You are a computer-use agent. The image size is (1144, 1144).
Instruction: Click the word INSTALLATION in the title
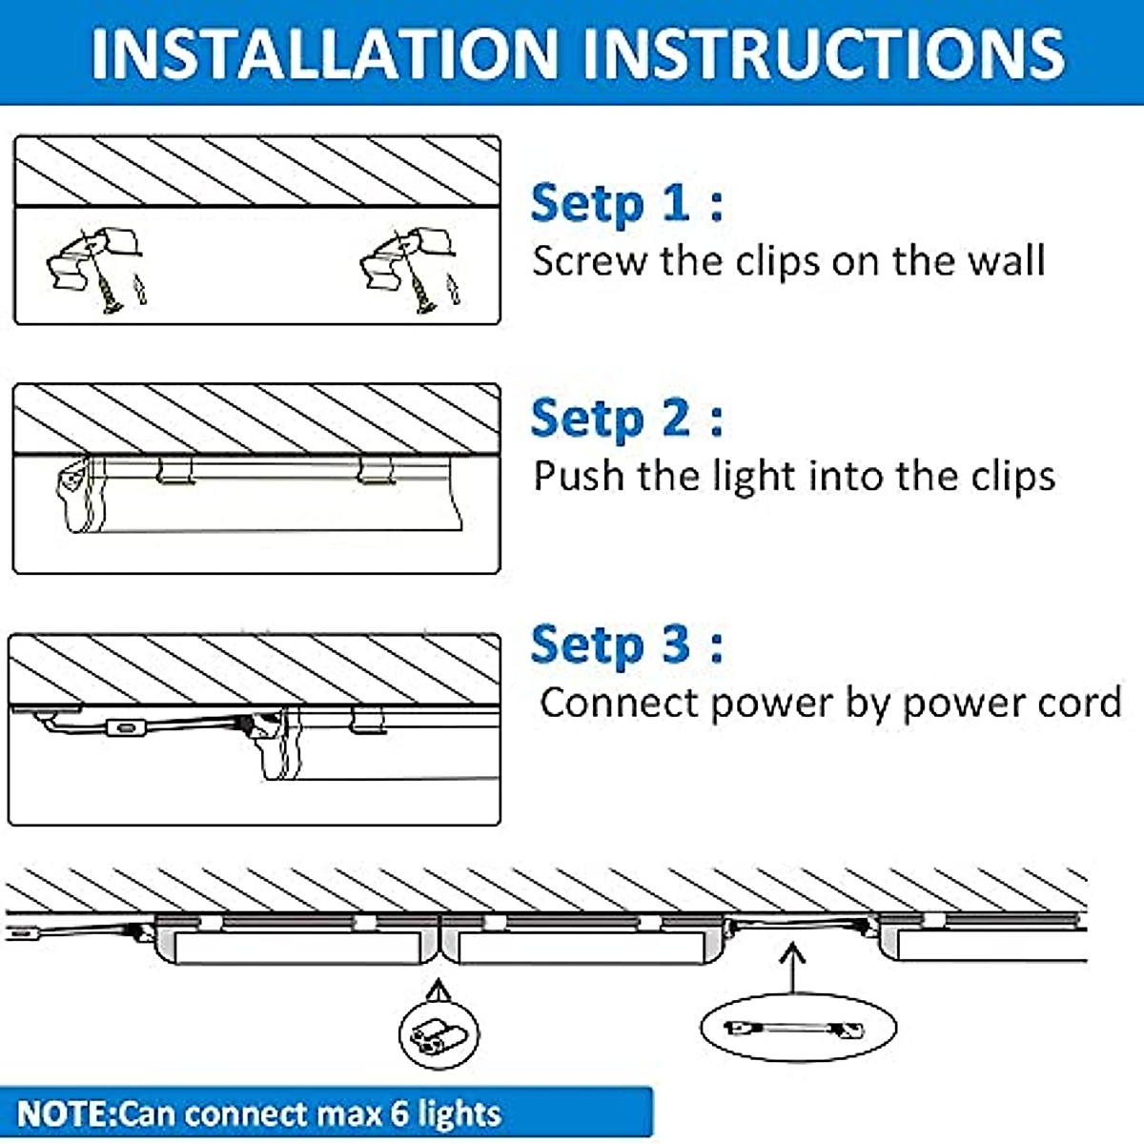coord(324,54)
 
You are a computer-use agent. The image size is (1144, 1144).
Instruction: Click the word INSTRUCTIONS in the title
coord(824,54)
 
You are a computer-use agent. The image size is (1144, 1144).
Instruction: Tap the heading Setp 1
coord(626,204)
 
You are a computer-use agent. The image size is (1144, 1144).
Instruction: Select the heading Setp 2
coord(626,419)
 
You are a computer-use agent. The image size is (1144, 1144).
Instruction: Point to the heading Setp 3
coord(626,644)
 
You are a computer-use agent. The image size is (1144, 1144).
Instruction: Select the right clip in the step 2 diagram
coord(376,470)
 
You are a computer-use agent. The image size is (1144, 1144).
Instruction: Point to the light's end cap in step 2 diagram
coord(77,493)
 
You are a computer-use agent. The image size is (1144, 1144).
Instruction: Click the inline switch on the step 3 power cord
coord(125,726)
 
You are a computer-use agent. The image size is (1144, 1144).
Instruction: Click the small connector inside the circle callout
coord(439,1034)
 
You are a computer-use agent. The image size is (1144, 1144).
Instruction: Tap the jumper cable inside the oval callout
coord(794,1029)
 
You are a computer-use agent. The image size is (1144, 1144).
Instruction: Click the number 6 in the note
coord(400,1113)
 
